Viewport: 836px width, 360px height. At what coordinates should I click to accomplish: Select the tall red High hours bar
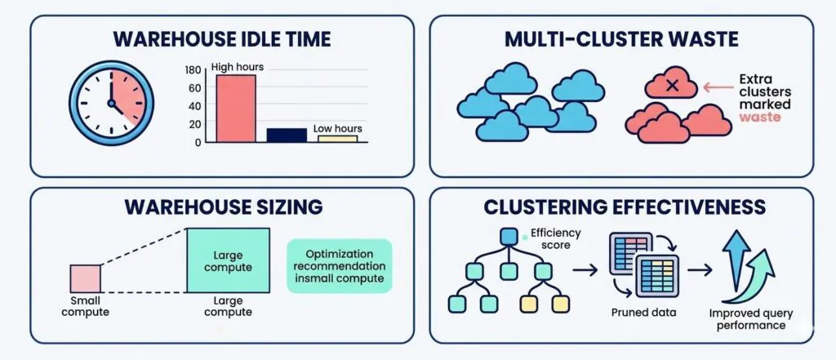click(235, 109)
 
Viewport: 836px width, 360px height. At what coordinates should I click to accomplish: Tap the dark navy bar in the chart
click(287, 136)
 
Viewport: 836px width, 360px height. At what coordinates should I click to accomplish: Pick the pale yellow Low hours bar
click(337, 139)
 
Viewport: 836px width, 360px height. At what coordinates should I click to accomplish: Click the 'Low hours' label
click(338, 129)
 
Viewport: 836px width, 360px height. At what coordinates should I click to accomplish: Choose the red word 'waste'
click(760, 117)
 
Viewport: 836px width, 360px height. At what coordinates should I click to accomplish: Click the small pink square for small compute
click(86, 278)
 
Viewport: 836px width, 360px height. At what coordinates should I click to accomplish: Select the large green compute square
click(228, 260)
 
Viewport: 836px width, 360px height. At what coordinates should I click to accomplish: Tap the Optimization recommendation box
click(340, 266)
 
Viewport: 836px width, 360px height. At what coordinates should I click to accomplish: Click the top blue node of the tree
click(509, 237)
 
